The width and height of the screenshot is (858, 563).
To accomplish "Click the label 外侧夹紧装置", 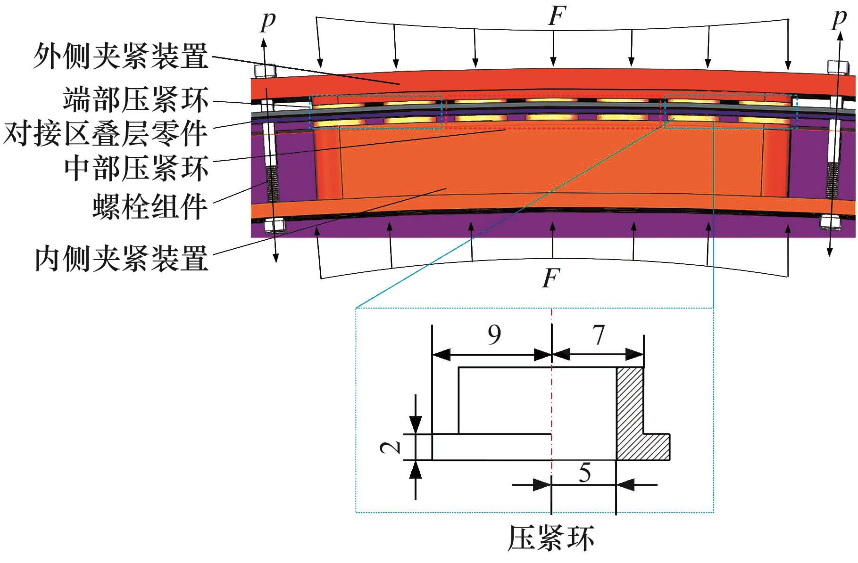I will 121,57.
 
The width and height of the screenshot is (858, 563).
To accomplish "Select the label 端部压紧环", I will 136,100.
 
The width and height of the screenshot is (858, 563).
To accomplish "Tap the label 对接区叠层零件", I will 105,133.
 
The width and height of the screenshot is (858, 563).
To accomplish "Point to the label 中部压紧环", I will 136,168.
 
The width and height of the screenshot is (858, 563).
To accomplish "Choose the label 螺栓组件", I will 150,206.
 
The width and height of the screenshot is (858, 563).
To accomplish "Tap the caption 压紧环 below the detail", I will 550,539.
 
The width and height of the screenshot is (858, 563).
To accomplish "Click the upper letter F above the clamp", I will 556,16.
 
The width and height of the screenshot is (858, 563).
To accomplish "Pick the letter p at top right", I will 839,19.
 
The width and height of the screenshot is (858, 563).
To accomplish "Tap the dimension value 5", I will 584,473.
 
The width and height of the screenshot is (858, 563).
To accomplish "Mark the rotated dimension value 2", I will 391,447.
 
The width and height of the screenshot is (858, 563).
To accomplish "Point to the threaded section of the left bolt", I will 272,184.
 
